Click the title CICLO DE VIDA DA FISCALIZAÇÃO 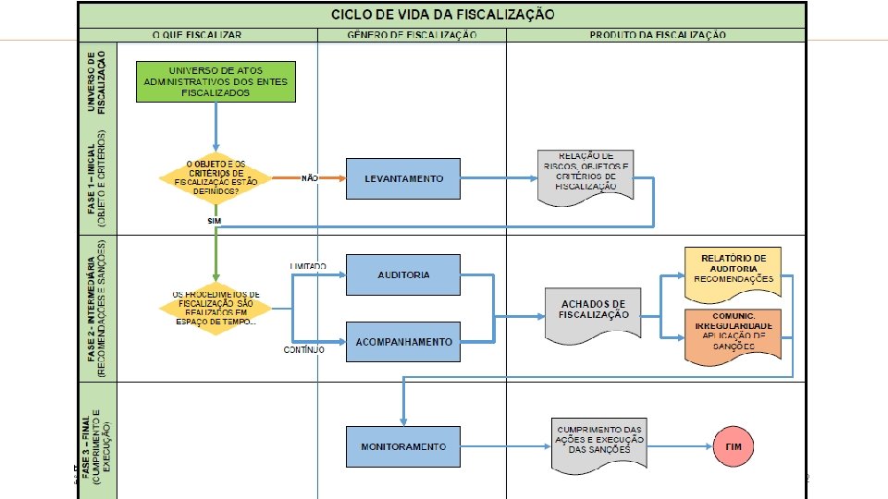(443, 15)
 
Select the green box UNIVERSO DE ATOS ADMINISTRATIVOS (216, 82)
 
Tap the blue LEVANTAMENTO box (403, 178)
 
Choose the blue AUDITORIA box (403, 274)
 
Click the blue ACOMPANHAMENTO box (403, 342)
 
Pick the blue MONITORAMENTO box (403, 446)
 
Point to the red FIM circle (734, 446)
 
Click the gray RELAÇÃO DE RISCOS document (586, 173)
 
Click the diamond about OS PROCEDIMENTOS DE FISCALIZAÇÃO (216, 307)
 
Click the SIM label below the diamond (215, 222)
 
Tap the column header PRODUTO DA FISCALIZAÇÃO (657, 35)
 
